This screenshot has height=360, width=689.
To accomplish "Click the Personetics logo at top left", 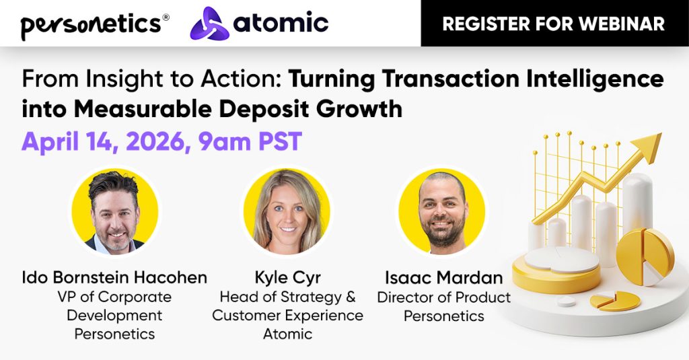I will [x=91, y=24].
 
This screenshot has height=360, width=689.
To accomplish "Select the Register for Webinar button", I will [x=554, y=24].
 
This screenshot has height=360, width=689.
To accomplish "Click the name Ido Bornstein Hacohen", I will [x=114, y=277].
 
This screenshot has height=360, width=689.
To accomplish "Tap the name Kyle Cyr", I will [x=287, y=277].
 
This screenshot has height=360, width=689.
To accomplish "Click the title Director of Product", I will [x=443, y=297].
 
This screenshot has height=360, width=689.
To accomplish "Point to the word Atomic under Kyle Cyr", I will [x=287, y=334].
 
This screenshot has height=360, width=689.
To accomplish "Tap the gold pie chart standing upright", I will [x=645, y=255].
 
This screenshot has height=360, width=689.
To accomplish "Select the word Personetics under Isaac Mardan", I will [x=443, y=315].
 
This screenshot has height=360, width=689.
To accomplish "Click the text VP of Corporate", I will [x=114, y=297].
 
